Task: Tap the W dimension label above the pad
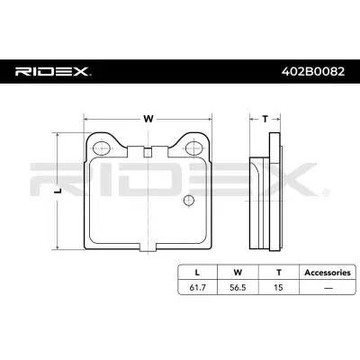[148, 117]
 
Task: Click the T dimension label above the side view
[264, 117]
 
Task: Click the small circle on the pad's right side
[188, 200]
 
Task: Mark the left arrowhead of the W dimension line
[86, 117]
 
